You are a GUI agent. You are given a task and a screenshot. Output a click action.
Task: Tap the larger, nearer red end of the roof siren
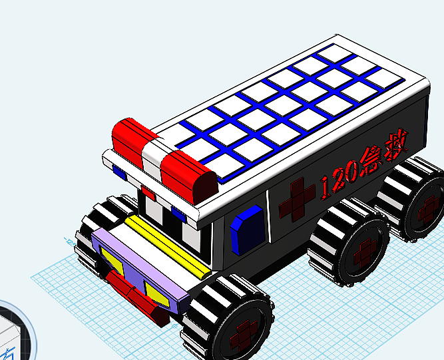[x=188, y=176]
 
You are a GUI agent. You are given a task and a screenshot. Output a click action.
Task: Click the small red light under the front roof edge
[x=148, y=194]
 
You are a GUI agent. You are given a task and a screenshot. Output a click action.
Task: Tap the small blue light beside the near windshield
[x=178, y=212]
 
